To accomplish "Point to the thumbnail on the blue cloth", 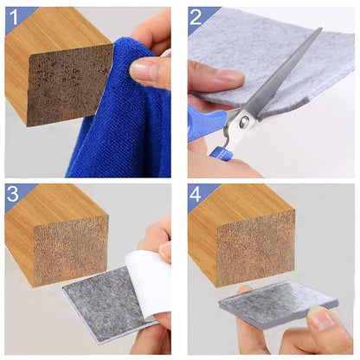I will tap(144, 73).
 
